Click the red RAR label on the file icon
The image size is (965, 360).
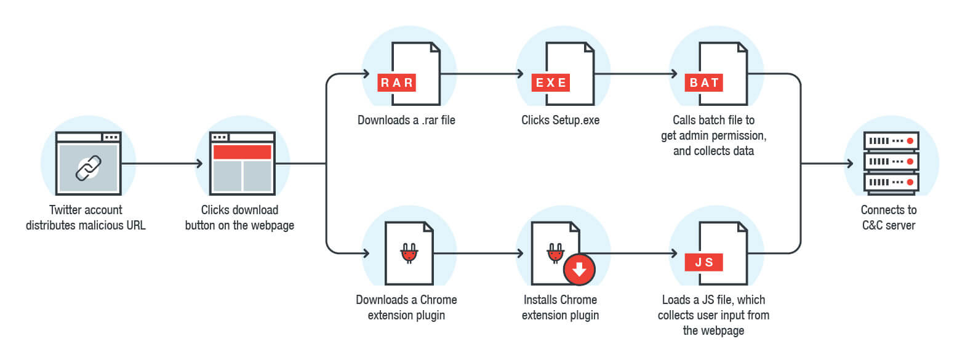pyautogui.click(x=398, y=82)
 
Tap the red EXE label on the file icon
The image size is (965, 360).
pyautogui.click(x=551, y=82)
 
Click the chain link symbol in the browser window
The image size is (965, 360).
pyautogui.click(x=88, y=167)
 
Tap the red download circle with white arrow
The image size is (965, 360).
pyautogui.click(x=580, y=269)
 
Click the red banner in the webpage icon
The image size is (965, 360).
pyautogui.click(x=242, y=152)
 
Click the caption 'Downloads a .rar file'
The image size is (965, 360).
pyautogui.click(x=406, y=120)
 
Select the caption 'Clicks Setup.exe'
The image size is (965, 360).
pyautogui.click(x=560, y=120)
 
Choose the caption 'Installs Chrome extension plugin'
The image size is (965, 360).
pyautogui.click(x=560, y=308)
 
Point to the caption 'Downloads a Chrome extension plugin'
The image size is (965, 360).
pyautogui.click(x=406, y=308)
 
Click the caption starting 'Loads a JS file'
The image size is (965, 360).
pyautogui.click(x=713, y=315)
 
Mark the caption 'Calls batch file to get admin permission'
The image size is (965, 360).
pyautogui.click(x=713, y=134)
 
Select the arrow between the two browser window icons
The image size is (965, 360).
pyautogui.click(x=162, y=164)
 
